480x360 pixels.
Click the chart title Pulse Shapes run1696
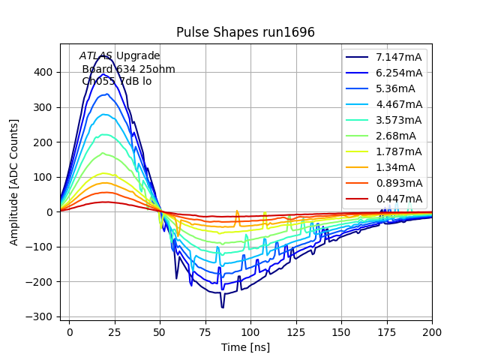245,32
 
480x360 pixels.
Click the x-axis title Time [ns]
245,347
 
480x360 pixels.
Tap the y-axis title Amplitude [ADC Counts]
14,182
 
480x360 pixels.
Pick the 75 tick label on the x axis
205,331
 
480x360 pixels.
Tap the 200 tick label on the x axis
432,331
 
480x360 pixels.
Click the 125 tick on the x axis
296,331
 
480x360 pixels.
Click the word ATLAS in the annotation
96,55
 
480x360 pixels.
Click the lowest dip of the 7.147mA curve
222,307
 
